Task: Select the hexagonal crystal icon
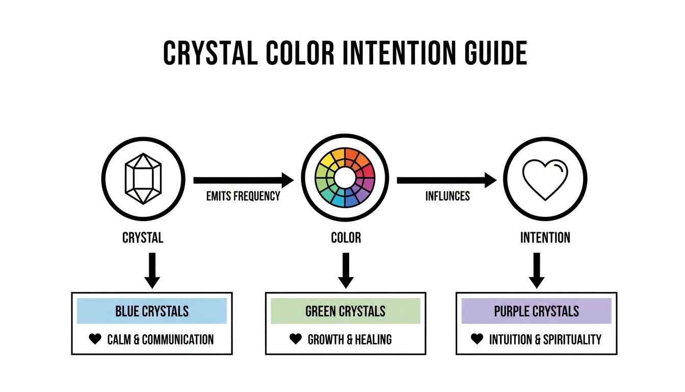pyautogui.click(x=143, y=179)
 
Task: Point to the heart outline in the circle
pyautogui.click(x=545, y=179)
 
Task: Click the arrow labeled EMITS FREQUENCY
pyautogui.click(x=243, y=180)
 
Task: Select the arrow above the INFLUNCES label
pyautogui.click(x=446, y=180)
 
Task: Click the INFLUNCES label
pyautogui.click(x=447, y=196)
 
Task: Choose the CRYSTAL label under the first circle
pyautogui.click(x=143, y=238)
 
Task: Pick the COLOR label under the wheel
pyautogui.click(x=346, y=238)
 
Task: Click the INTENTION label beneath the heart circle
pyautogui.click(x=545, y=238)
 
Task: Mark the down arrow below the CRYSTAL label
pyautogui.click(x=152, y=271)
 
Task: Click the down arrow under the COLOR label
pyautogui.click(x=346, y=271)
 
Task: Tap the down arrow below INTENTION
pyautogui.click(x=536, y=271)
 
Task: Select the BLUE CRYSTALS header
pyautogui.click(x=152, y=311)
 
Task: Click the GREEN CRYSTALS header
pyautogui.click(x=346, y=311)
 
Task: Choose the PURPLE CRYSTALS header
pyautogui.click(x=536, y=311)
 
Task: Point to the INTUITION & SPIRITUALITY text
pyautogui.click(x=545, y=339)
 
